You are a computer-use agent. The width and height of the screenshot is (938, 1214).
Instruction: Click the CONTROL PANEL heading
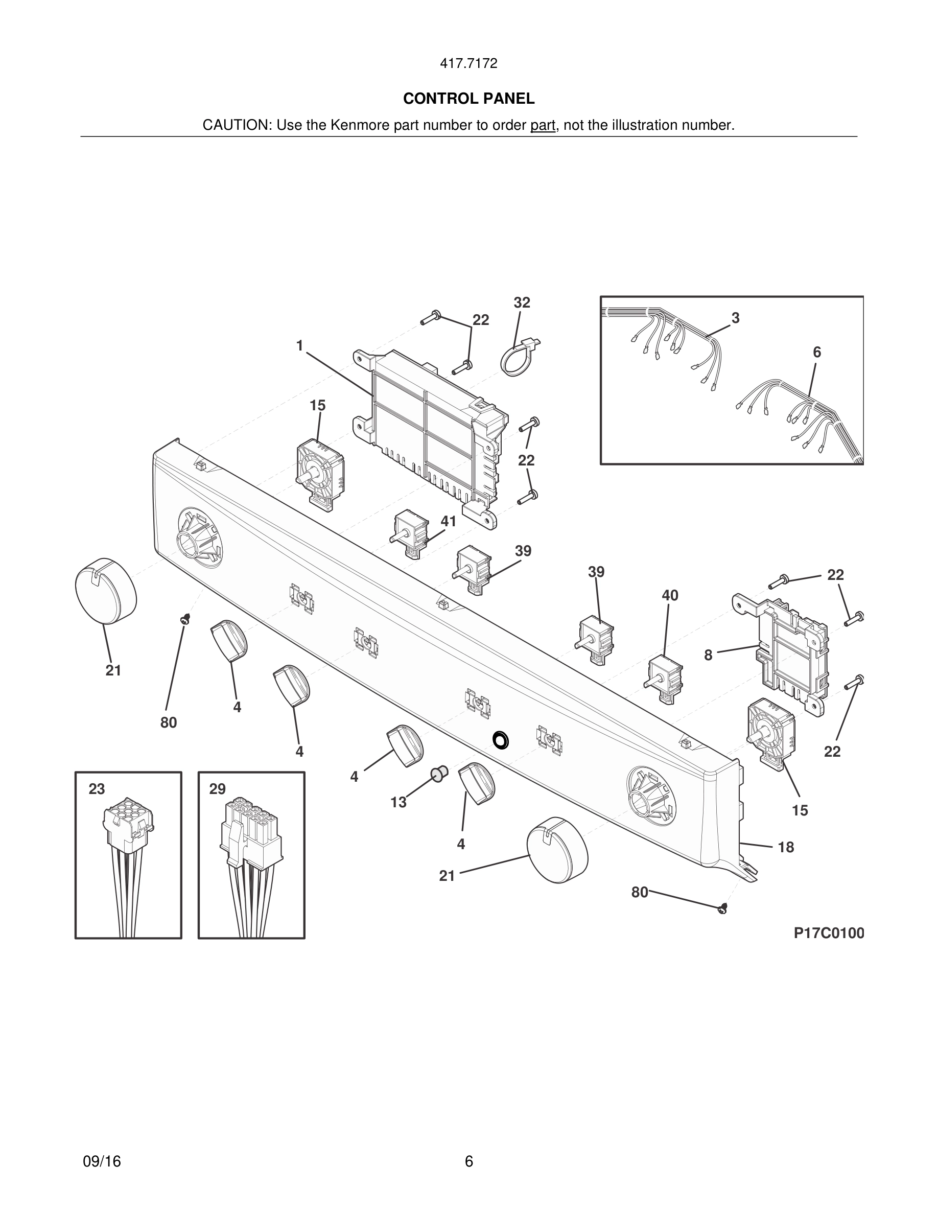point(468,99)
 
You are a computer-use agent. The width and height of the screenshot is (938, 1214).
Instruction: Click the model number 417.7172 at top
point(468,64)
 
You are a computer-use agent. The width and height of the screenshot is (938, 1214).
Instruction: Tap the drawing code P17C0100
point(829,933)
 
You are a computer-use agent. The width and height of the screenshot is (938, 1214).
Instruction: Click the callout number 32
point(522,303)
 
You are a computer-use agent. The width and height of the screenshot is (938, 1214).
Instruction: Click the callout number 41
point(449,521)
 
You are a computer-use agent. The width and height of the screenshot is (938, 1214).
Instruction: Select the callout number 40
point(670,595)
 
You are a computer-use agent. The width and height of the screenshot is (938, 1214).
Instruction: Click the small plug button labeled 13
point(439,773)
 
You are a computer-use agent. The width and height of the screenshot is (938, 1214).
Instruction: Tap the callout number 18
point(786,847)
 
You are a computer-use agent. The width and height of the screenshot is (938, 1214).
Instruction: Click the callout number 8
point(708,656)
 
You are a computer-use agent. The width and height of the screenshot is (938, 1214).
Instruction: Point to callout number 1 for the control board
point(299,346)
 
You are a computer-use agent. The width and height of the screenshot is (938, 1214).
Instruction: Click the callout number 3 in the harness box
point(735,318)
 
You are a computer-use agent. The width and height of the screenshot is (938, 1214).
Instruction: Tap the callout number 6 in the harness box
point(816,353)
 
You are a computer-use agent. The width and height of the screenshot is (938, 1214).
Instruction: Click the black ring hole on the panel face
point(501,740)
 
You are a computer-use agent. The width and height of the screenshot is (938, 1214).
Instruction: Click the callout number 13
point(398,802)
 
